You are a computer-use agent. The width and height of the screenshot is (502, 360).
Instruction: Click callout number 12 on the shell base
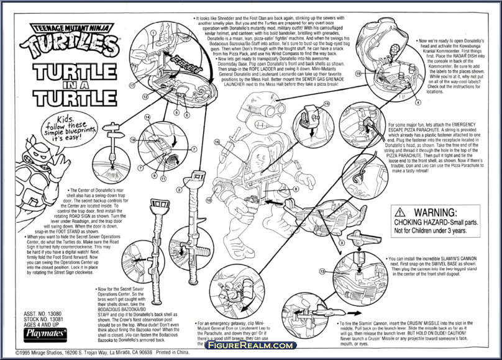coord(145,97)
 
